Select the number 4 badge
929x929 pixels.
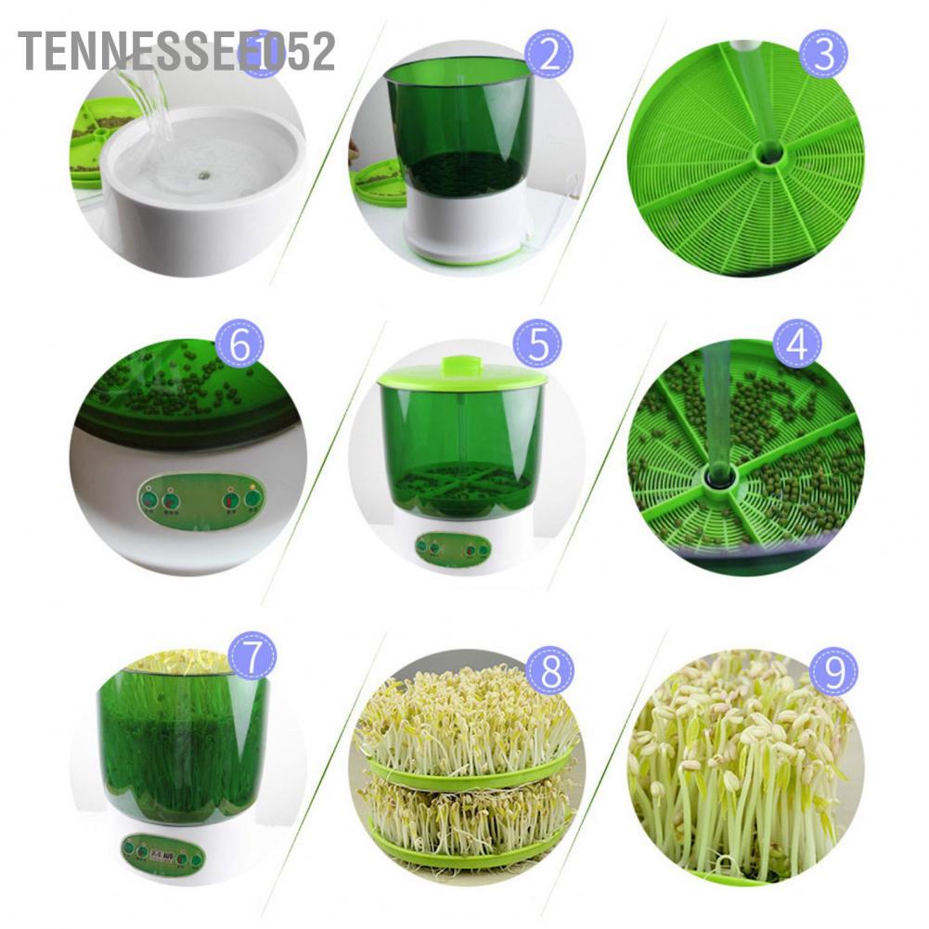click(797, 344)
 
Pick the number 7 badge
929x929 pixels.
click(252, 655)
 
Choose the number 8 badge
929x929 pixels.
click(550, 670)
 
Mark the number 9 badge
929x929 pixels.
click(833, 670)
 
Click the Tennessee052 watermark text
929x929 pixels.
click(176, 50)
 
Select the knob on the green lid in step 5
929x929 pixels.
click(461, 364)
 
